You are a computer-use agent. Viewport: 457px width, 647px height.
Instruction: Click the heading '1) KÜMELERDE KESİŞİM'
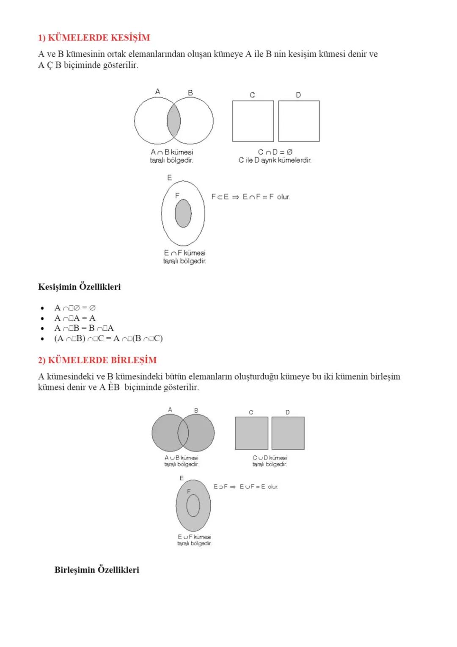click(x=94, y=38)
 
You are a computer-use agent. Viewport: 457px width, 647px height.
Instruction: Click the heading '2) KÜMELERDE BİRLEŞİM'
click(x=97, y=360)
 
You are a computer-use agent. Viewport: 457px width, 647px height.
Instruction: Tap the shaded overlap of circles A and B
click(x=173, y=121)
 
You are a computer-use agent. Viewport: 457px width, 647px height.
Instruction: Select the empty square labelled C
click(x=253, y=121)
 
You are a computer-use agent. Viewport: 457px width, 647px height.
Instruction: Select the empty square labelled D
click(x=299, y=121)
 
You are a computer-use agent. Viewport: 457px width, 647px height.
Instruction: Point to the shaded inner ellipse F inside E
click(x=183, y=213)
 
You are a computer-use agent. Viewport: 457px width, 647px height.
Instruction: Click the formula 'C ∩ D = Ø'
click(x=275, y=152)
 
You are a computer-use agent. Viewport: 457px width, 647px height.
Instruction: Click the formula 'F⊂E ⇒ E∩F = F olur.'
click(x=251, y=197)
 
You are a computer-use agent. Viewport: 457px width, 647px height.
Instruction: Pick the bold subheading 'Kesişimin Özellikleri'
click(x=79, y=287)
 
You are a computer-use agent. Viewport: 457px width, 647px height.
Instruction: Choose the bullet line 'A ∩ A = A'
click(x=75, y=318)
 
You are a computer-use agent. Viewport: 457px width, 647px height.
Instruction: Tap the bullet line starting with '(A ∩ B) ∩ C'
click(x=108, y=338)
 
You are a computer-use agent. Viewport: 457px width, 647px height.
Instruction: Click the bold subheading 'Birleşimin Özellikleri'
click(x=96, y=570)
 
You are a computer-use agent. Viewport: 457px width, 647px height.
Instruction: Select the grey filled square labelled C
click(x=251, y=433)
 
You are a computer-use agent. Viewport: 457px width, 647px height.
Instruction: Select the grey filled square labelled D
click(x=288, y=433)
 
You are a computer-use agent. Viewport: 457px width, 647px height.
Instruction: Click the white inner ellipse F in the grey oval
click(x=193, y=506)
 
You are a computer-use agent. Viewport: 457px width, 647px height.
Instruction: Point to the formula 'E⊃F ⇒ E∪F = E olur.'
click(x=246, y=487)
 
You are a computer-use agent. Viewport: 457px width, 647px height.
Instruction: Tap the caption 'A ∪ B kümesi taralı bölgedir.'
click(x=182, y=461)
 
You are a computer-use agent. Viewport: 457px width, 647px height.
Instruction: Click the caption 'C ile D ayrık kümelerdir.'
click(x=275, y=160)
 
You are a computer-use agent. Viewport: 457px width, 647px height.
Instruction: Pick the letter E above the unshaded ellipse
click(x=169, y=178)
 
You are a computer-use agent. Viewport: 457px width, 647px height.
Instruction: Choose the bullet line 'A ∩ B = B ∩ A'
click(x=84, y=328)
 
